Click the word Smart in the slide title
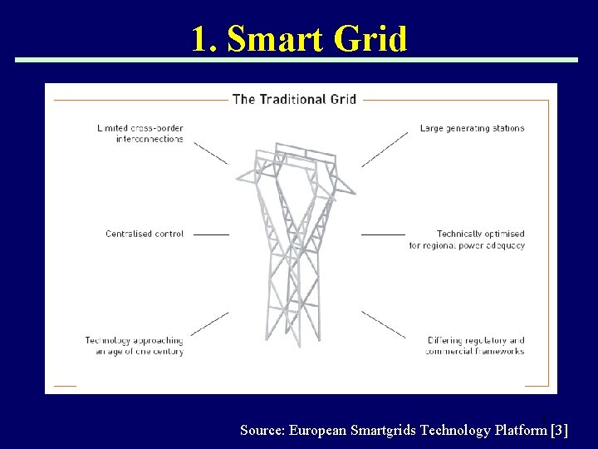pyautogui.click(x=275, y=38)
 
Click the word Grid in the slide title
pyautogui.click(x=370, y=38)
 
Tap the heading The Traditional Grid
pyautogui.click(x=295, y=99)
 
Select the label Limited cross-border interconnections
pyautogui.click(x=140, y=134)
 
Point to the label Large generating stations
pyautogui.click(x=472, y=128)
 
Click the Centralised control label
pyautogui.click(x=145, y=234)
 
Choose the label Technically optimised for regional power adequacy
pyautogui.click(x=467, y=239)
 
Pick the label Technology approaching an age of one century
pyautogui.click(x=134, y=345)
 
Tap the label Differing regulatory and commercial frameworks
pyautogui.click(x=475, y=345)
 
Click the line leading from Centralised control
pyautogui.click(x=211, y=234)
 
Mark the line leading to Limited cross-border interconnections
pyautogui.click(x=211, y=152)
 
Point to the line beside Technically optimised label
pyautogui.click(x=383, y=234)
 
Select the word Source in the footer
pyautogui.click(x=262, y=430)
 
